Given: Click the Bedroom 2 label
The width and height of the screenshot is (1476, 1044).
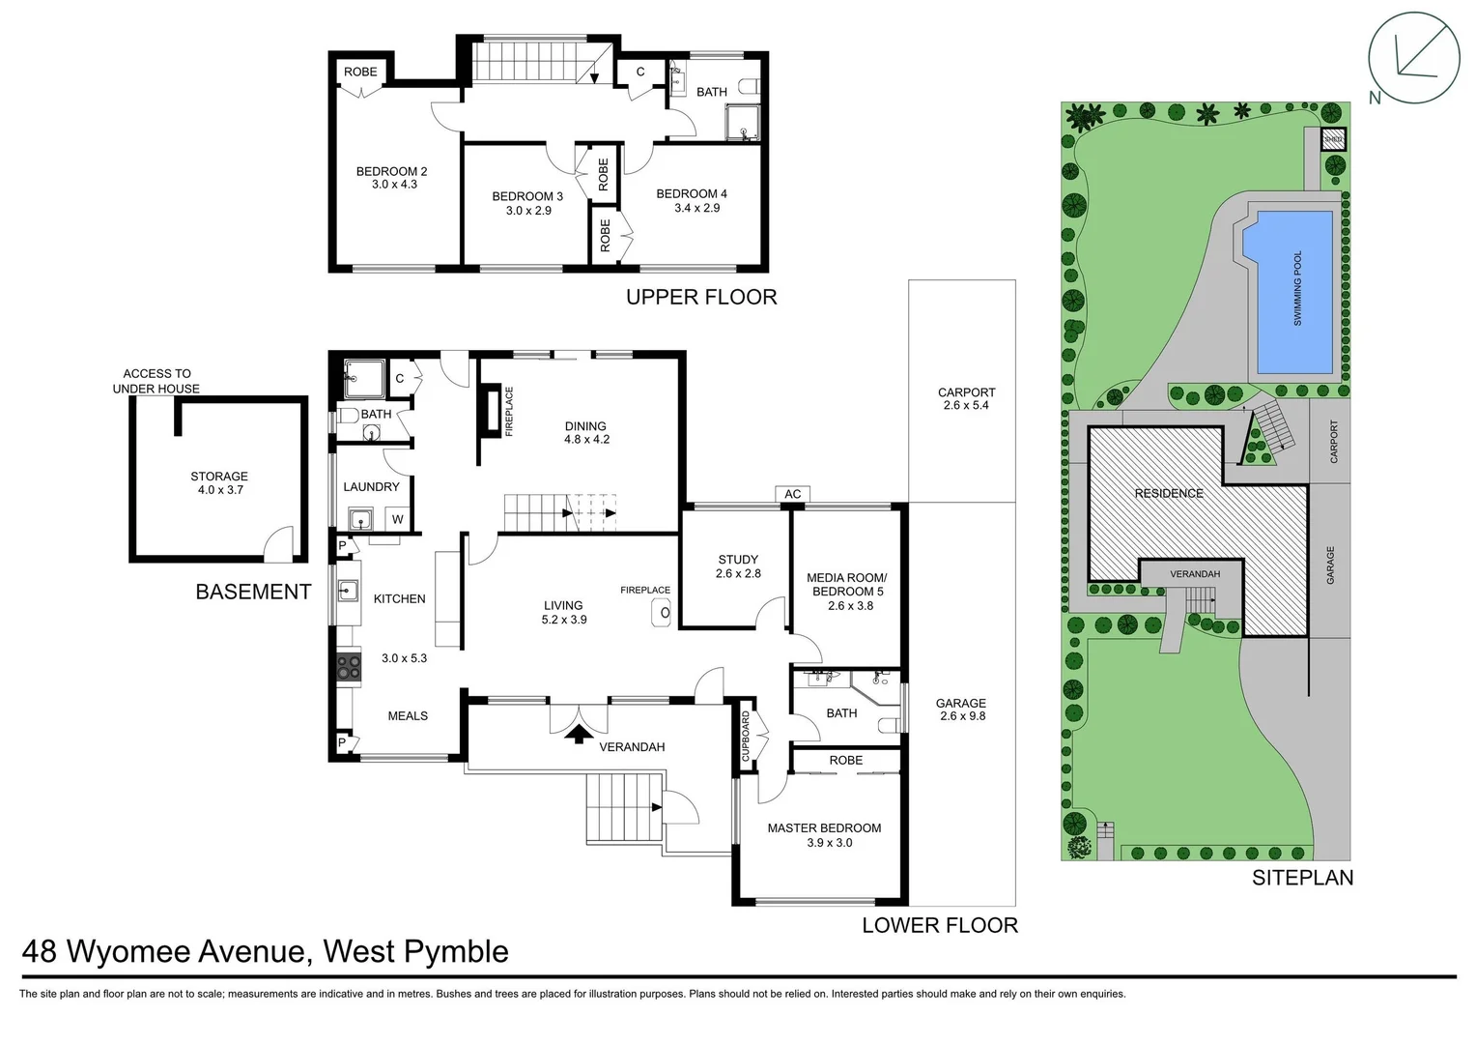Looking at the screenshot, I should (x=391, y=172).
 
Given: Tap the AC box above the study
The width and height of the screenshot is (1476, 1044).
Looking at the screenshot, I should (x=792, y=494).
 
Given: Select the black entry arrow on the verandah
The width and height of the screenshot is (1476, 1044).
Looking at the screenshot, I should (x=579, y=734).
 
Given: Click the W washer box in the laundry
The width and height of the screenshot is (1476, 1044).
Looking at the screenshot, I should (x=397, y=519).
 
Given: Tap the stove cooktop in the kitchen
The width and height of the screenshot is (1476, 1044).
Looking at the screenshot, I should (x=347, y=666).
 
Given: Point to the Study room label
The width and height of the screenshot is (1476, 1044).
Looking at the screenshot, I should (x=738, y=560).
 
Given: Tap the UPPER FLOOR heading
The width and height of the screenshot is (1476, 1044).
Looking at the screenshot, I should (x=701, y=297).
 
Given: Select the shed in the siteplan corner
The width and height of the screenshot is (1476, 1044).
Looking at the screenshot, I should (x=1333, y=139).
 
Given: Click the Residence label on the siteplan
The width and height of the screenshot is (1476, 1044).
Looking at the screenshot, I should (x=1169, y=493).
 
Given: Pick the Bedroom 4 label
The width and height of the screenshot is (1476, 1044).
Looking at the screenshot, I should (x=692, y=193).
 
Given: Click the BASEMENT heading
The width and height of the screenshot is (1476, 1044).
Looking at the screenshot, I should (x=253, y=592).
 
